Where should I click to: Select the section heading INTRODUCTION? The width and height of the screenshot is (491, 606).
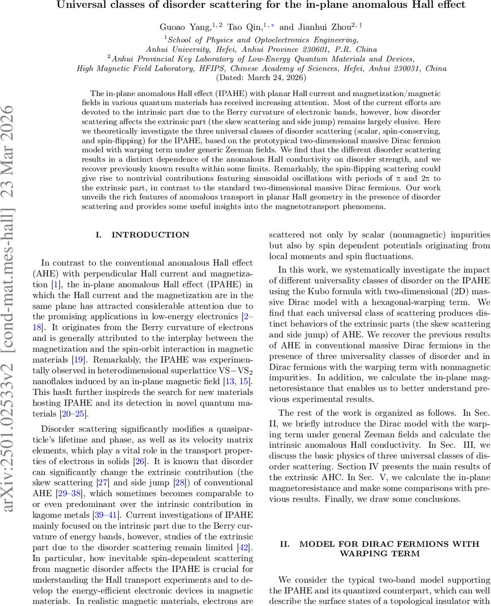click(x=150, y=235)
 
